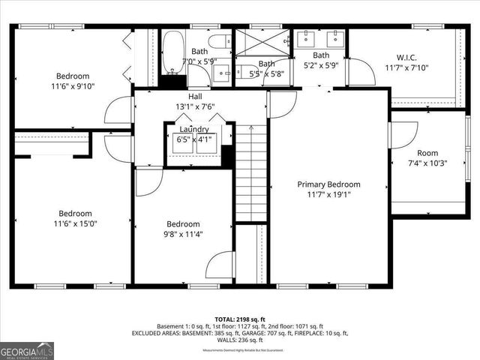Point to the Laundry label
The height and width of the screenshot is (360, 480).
pos(193,129)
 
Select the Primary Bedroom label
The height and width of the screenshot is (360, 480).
pos(328,184)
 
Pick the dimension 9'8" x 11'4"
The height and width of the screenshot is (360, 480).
pos(183,234)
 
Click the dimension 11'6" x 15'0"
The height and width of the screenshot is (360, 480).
pos(75,223)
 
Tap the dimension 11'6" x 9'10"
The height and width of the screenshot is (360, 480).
pos(73,86)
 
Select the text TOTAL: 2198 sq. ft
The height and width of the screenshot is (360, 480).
pos(240,319)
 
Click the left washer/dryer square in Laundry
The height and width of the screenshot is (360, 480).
pos(182,144)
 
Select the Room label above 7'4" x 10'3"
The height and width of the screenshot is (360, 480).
pos(427,152)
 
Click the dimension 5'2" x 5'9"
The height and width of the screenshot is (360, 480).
pos(321,65)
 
